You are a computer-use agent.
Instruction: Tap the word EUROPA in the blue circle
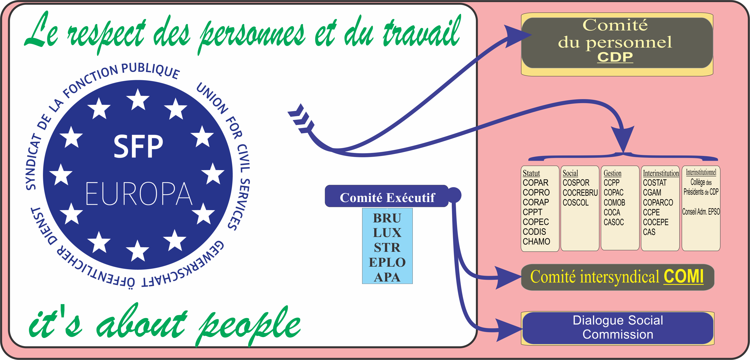click(x=139, y=194)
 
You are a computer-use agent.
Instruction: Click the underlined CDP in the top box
click(x=615, y=57)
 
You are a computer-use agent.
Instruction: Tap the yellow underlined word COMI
click(x=683, y=276)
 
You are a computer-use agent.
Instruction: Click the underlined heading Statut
click(x=531, y=173)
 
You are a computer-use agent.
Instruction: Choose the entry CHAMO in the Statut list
click(x=536, y=242)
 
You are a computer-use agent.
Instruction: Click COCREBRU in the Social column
click(x=580, y=193)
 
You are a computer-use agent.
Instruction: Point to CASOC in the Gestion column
click(x=614, y=222)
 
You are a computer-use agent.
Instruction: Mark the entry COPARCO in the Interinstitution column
click(x=658, y=203)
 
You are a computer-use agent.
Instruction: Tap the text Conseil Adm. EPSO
click(x=701, y=212)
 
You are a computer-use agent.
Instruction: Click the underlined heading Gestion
click(x=612, y=173)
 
